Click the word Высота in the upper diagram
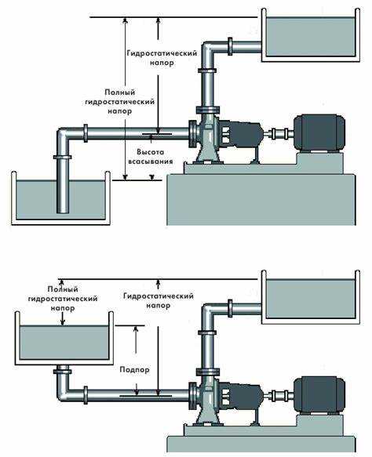click(x=150, y=152)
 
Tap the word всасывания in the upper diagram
click(x=151, y=161)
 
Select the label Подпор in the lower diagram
click(x=134, y=370)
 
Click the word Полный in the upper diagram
click(x=120, y=92)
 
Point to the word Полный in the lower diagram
click(x=63, y=289)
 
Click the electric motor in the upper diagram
click(x=319, y=133)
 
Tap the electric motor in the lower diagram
click(x=319, y=395)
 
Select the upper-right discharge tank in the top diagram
click(x=311, y=35)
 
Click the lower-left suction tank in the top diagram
click(x=60, y=198)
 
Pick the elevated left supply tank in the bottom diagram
click(x=64, y=338)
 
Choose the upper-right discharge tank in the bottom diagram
click(x=311, y=297)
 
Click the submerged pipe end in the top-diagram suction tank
click(x=63, y=210)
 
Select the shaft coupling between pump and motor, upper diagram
click(x=279, y=134)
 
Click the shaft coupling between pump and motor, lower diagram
click(x=279, y=397)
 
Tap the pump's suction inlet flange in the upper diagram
click(x=192, y=133)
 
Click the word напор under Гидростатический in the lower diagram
click(x=158, y=306)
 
